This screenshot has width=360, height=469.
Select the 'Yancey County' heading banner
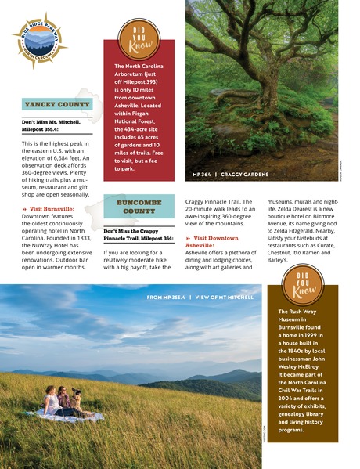coord(56,104)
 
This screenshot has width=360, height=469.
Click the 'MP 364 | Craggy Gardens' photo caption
coord(229,174)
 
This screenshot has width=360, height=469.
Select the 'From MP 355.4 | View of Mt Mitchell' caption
coord(200,298)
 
